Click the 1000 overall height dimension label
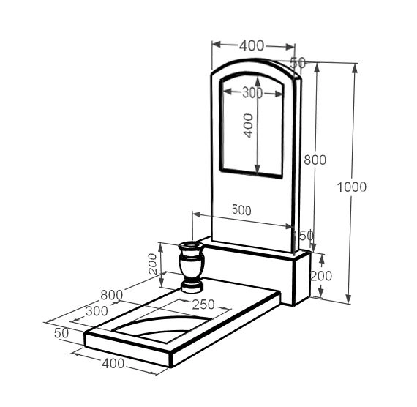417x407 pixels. coord(352,187)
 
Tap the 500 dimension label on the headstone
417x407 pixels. coord(241,210)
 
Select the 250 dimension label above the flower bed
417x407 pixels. coord(203,305)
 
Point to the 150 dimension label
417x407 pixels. coord(303,235)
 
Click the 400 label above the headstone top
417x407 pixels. coord(252,45)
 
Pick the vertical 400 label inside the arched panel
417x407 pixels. coord(249,126)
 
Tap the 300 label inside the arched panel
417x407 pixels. coord(252,93)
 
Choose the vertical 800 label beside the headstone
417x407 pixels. coord(315,160)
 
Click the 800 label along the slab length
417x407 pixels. coord(112,295)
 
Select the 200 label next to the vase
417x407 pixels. coord(153,264)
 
